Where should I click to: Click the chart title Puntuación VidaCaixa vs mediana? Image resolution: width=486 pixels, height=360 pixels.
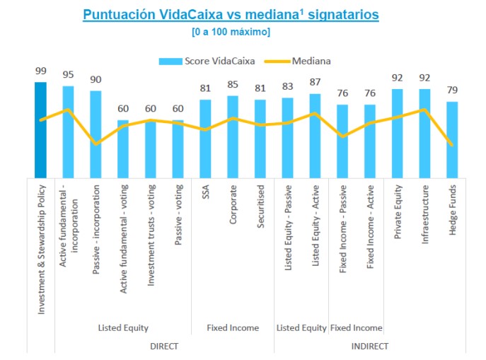pyautogui.click(x=231, y=14)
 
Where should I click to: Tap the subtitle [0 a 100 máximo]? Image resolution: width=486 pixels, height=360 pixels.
pyautogui.click(x=231, y=32)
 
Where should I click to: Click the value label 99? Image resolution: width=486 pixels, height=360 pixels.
pyautogui.click(x=41, y=71)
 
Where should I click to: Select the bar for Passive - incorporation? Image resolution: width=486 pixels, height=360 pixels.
pyautogui.click(x=96, y=134)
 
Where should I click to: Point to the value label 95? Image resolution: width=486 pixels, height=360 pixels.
pyautogui.click(x=68, y=76)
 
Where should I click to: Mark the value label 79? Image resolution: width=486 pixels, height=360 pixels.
pyautogui.click(x=452, y=91)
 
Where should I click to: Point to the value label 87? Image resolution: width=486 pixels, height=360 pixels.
pyautogui.click(x=315, y=83)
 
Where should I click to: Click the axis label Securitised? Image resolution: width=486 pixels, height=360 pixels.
pyautogui.click(x=260, y=205)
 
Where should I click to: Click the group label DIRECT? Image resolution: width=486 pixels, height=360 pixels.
pyautogui.click(x=164, y=346)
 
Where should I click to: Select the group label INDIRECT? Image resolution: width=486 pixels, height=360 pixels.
pyautogui.click(x=370, y=346)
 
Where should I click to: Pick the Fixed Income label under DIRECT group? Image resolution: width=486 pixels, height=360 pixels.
pyautogui.click(x=233, y=327)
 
